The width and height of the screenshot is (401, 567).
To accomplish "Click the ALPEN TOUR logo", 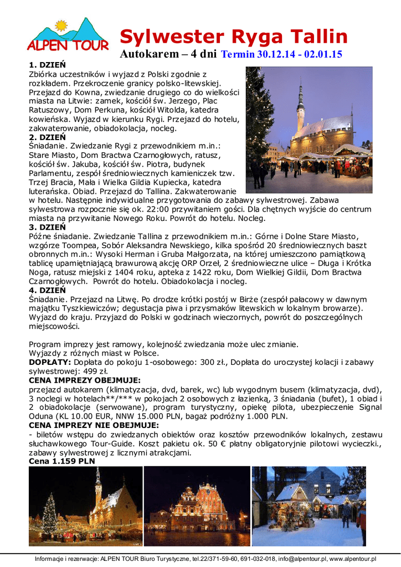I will (68, 36).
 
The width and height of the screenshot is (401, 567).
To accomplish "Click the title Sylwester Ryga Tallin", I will (234, 37).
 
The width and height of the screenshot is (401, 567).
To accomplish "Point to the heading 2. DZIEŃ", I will (47, 137).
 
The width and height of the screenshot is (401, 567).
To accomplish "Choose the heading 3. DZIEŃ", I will (47, 227).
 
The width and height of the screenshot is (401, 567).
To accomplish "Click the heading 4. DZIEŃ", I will (47, 290).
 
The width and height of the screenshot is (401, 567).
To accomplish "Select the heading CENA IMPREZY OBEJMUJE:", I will (84, 380).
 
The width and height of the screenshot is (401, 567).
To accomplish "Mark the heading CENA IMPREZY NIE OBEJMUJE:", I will (94, 425).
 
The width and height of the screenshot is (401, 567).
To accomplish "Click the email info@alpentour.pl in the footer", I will (296, 559).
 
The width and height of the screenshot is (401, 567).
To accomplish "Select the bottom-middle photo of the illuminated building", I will (197, 507).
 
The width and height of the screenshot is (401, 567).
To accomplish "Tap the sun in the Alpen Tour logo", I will (60, 25).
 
